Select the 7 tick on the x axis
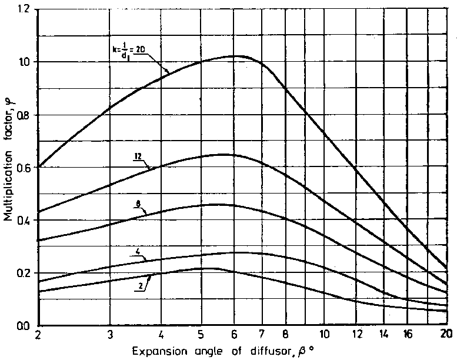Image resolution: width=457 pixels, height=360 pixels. [260, 335]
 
